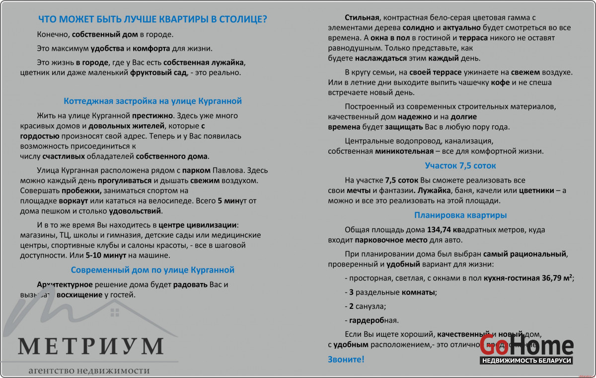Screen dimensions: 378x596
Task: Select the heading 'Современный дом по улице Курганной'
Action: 152,270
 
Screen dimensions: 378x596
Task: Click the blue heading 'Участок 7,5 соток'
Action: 460,166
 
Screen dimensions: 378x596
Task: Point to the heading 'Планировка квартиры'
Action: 460,215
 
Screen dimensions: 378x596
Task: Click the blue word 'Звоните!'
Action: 346,359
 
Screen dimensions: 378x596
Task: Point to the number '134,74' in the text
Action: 440,230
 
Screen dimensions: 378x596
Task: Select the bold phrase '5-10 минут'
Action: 106,256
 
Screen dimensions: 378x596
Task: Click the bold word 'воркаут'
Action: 73,201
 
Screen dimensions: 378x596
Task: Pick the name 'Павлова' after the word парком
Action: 230,169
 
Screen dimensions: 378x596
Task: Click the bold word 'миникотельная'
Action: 403,151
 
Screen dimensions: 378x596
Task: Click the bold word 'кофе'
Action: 500,83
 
